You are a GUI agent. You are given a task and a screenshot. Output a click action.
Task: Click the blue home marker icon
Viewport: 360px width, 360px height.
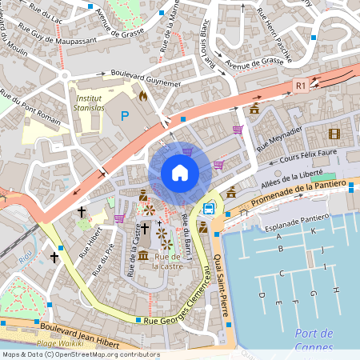(180, 173)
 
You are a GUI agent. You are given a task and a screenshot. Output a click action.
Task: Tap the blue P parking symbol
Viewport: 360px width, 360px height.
(124, 116)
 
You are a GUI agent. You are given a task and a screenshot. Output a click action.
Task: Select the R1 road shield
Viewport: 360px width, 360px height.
(301, 85)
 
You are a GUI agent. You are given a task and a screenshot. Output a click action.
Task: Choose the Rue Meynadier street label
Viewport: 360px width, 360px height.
(279, 138)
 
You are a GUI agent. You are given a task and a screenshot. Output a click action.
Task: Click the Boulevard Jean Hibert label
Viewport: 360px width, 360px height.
(74, 328)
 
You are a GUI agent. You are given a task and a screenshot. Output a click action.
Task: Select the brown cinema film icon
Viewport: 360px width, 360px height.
(334, 134)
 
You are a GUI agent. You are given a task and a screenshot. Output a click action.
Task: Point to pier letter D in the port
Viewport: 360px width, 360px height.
(261, 295)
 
